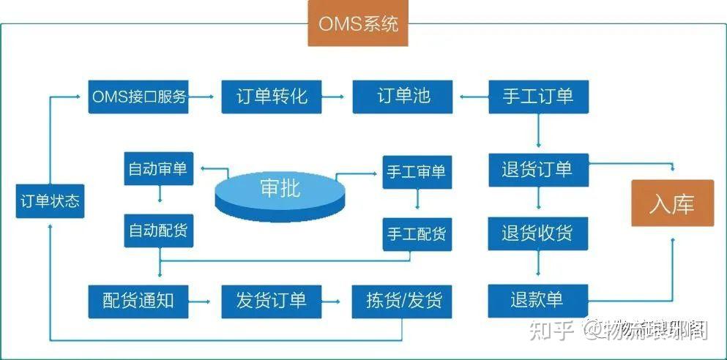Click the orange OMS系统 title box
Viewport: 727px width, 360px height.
[358, 23]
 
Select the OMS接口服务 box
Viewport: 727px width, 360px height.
[138, 96]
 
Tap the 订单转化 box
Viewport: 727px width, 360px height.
[271, 96]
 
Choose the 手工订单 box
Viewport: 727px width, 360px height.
[538, 96]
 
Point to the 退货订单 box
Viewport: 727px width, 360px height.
[538, 169]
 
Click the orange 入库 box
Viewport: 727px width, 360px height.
[671, 204]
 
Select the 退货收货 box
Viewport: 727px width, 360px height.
[538, 233]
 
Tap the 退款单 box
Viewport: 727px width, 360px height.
[538, 300]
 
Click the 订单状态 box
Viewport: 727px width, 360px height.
[49, 201]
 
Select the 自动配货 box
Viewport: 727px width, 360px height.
[158, 230]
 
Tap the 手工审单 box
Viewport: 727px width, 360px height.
[416, 173]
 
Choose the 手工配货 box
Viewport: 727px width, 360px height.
[416, 235]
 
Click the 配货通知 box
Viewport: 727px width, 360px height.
[138, 300]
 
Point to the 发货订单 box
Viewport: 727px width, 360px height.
[271, 300]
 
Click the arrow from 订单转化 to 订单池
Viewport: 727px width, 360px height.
[337, 96]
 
